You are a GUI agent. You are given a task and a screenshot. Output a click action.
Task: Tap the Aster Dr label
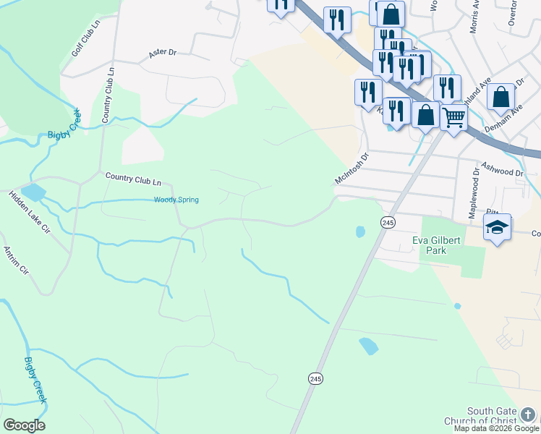tap(162, 53)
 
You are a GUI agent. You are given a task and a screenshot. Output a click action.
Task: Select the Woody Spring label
tap(176, 200)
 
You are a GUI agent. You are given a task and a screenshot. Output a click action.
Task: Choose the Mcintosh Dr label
tap(352, 167)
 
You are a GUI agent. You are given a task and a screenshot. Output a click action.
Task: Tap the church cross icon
tap(529, 414)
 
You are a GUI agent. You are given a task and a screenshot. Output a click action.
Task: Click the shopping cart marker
tap(453, 116)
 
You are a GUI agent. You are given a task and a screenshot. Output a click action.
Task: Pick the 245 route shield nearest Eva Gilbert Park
tap(388, 222)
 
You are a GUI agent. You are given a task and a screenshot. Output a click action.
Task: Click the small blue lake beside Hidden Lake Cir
tap(33, 192)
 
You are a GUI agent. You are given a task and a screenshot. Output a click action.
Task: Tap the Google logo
tap(24, 425)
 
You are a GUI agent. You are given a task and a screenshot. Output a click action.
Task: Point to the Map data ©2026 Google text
tap(497, 428)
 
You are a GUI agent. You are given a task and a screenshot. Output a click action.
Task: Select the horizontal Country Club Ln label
tap(133, 176)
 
